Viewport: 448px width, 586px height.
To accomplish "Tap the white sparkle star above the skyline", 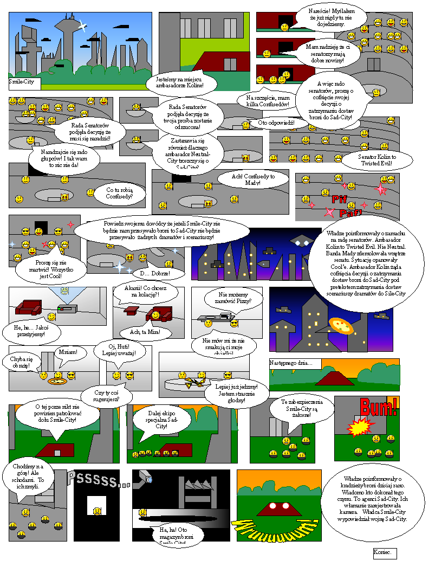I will click(x=82, y=24).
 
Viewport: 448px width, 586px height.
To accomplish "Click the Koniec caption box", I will click(x=385, y=553).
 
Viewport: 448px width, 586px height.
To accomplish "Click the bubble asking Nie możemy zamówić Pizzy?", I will click(x=233, y=298).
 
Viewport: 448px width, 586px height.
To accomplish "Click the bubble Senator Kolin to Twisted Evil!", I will click(x=377, y=159).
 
